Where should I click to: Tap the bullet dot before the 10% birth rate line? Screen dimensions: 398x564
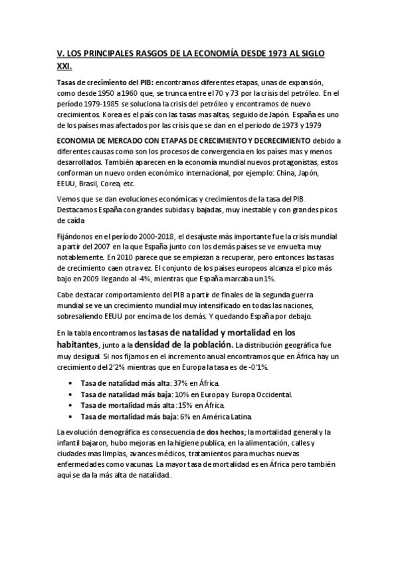tap(71, 394)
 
